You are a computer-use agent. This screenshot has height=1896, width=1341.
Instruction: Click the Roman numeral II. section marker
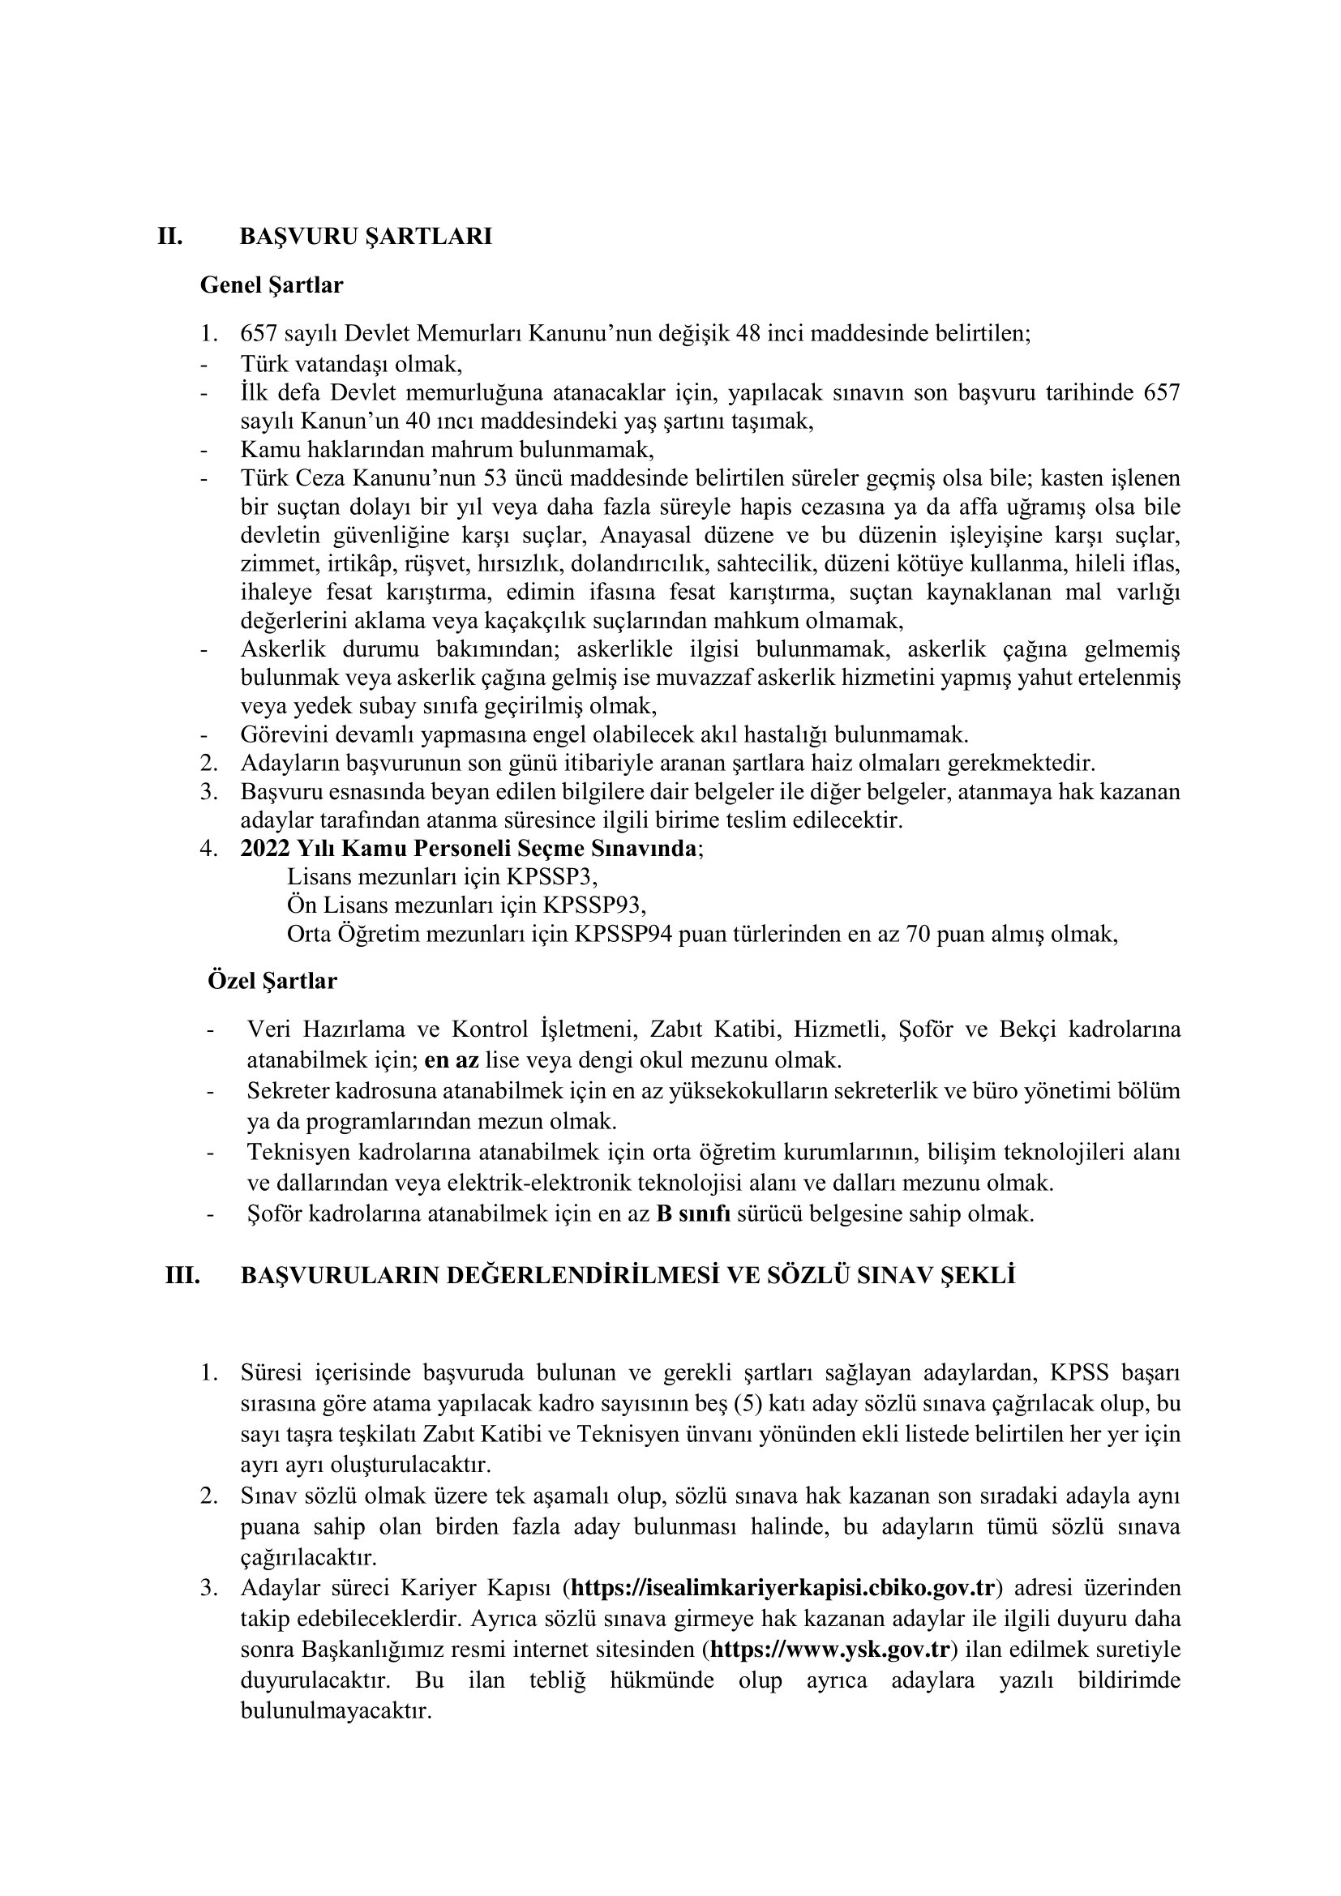[x=170, y=237]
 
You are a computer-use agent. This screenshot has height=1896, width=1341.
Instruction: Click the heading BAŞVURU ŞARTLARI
[x=366, y=237]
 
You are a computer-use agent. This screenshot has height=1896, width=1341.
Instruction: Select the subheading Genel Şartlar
[x=272, y=285]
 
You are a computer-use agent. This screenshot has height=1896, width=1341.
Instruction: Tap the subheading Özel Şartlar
[x=272, y=981]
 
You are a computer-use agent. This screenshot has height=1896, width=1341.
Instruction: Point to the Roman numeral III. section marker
[x=182, y=1276]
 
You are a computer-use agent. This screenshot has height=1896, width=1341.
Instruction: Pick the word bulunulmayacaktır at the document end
[x=336, y=1710]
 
